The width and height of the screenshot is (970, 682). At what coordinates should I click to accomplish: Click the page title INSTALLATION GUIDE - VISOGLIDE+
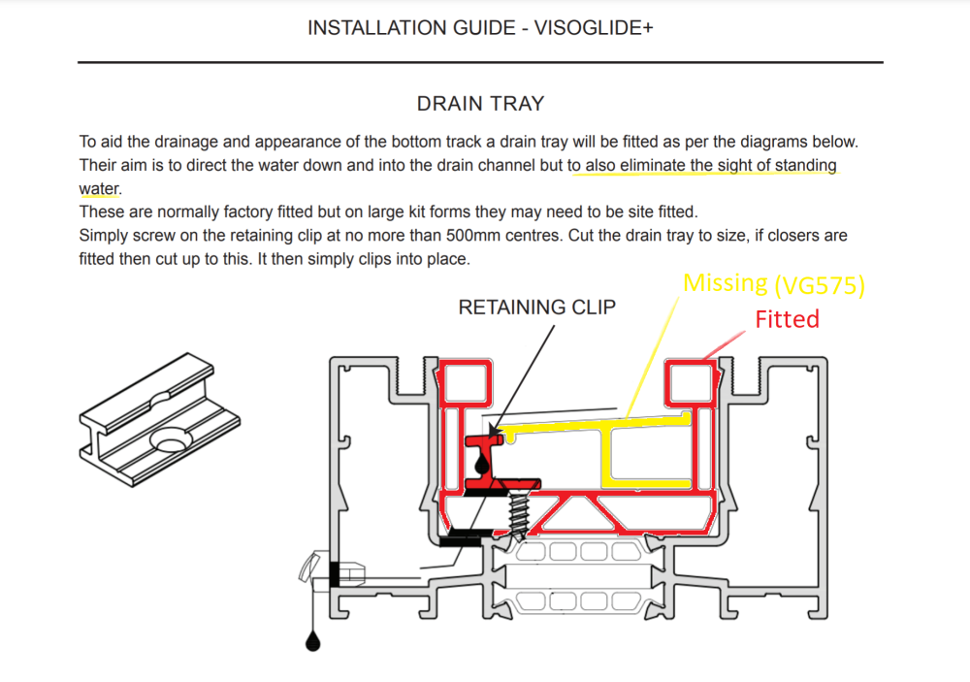tap(480, 28)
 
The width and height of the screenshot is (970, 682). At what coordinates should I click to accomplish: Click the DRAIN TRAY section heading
tap(481, 104)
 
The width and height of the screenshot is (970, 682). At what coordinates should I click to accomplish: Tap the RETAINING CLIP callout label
tap(537, 307)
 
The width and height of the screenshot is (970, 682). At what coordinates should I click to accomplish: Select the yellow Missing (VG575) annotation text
tap(773, 284)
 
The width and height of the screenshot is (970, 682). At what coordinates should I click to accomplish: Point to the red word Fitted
tap(787, 319)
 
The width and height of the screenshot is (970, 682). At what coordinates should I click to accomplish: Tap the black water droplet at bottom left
tap(313, 641)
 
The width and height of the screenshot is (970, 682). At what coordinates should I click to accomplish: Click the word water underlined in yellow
tap(99, 189)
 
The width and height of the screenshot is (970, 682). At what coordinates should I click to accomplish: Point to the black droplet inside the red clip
tap(482, 464)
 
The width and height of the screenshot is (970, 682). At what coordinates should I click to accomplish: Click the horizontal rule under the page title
tap(480, 62)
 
